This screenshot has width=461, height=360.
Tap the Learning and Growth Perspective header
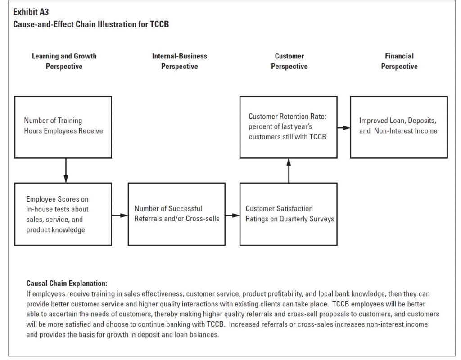pos(64,61)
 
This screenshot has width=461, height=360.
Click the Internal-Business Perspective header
pos(180,61)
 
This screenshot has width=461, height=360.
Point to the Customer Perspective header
pos(289,61)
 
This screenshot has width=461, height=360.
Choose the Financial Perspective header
pos(399,61)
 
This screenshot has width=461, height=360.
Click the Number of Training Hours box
pos(63,127)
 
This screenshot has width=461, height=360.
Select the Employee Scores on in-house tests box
pos(63,214)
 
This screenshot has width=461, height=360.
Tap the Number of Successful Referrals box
pos(176,214)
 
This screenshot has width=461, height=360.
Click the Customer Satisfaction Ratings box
pos(288,214)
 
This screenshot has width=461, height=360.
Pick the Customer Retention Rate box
pos(288,127)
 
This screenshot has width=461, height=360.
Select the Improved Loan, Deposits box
pos(398,127)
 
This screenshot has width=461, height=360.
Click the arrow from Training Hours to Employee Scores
pos(66,170)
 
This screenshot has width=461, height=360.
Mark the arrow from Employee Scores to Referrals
pos(120,216)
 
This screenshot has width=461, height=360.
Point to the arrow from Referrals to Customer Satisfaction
pos(232,216)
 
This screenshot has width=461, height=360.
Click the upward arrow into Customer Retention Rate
pos(289,170)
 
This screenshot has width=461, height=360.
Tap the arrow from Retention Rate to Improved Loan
pos(343,128)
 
